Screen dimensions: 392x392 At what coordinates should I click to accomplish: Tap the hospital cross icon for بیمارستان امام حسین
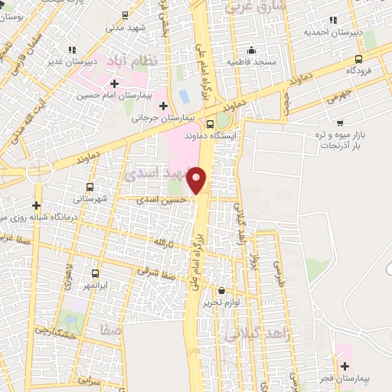coord(114,83)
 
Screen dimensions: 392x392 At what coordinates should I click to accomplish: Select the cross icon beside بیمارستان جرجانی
coord(164,105)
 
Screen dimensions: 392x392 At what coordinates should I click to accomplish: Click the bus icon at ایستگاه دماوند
coord(211,124)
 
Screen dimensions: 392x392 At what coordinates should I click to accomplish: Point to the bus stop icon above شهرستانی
coord(90,186)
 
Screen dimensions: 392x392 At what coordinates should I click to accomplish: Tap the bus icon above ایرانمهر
coord(95,273)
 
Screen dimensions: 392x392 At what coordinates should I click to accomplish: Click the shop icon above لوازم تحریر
coord(222,290)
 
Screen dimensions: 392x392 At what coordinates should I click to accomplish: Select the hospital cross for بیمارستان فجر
coord(345,366)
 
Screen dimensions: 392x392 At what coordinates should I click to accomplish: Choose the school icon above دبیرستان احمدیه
coord(332,21)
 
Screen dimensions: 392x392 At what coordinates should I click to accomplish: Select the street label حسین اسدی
coord(152,199)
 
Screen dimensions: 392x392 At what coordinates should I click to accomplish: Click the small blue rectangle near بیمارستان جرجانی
coord(183,98)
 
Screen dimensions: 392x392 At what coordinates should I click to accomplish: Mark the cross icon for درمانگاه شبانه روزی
coord(36,205)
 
